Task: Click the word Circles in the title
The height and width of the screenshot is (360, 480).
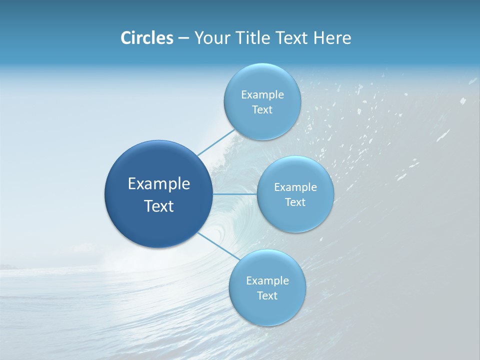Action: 147,38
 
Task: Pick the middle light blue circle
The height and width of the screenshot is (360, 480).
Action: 295,217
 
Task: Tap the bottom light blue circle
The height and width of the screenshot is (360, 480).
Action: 267,310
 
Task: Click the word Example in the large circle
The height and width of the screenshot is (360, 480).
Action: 159,184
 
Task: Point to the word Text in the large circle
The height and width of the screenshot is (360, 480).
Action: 159,206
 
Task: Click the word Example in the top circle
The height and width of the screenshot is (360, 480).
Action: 262,95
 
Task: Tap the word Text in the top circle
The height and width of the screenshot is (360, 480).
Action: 262,110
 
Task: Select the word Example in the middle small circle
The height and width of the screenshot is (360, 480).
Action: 295,187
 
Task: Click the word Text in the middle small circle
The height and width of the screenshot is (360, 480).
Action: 295,202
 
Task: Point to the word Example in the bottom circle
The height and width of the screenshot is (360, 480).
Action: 267,281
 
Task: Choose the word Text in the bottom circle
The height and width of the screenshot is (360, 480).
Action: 267,296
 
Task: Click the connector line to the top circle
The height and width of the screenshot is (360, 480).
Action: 215,142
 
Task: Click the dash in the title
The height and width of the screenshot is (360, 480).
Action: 183,38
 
